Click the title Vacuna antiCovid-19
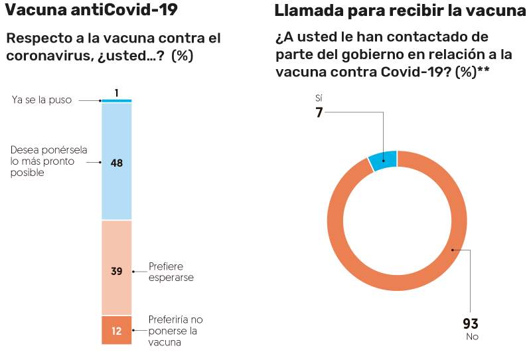coord(91,11)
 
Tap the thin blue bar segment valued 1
coord(117,100)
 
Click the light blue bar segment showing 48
coord(117,186)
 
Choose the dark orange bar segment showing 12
coord(117,330)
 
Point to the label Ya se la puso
coord(42,100)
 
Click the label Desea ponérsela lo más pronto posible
coord(49,161)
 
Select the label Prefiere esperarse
coord(171,272)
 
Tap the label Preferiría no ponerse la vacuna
coord(175,331)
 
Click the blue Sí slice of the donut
coord(383,161)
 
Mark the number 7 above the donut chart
coord(319,112)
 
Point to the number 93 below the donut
coord(471,324)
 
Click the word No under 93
coord(471,337)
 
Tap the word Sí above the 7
coord(319,98)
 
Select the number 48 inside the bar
coord(117,162)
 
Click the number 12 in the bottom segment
coord(117,331)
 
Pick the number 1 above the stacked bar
coord(117,93)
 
